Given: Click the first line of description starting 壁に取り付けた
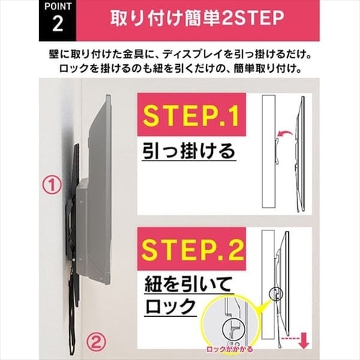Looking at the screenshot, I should pyautogui.click(x=180, y=55).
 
